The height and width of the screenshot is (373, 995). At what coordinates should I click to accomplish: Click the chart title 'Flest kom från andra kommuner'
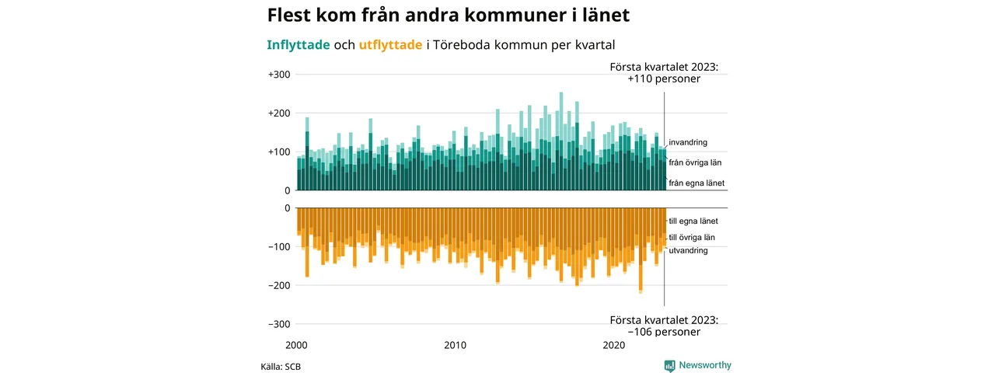449,16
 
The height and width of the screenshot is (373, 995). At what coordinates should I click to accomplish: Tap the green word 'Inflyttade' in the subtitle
298,45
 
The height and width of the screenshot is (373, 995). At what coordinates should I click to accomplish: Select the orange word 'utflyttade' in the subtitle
391,45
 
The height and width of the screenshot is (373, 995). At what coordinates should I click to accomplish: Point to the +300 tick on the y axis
279,75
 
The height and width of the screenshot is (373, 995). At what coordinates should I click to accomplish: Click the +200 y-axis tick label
279,113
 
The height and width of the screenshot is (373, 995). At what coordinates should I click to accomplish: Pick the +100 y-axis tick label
279,152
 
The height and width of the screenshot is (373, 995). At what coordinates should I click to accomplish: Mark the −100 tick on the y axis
279,247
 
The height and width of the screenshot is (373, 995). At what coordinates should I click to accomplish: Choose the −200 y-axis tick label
279,286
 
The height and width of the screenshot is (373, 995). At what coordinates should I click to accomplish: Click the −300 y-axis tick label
279,324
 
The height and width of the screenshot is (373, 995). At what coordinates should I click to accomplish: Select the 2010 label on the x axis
456,345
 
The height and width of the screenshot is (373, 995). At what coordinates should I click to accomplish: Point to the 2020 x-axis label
615,345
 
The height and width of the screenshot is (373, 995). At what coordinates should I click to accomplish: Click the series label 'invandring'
688,143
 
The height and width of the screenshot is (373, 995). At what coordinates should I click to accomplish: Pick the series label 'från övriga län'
697,162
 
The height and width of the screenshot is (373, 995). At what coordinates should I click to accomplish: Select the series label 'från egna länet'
696,183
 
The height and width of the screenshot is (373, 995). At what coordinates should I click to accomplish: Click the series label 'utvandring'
688,251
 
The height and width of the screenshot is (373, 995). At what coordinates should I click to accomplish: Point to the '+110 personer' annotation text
664,79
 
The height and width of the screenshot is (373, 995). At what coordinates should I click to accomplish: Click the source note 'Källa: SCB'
281,366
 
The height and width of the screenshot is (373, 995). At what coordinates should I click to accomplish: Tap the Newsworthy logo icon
669,365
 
